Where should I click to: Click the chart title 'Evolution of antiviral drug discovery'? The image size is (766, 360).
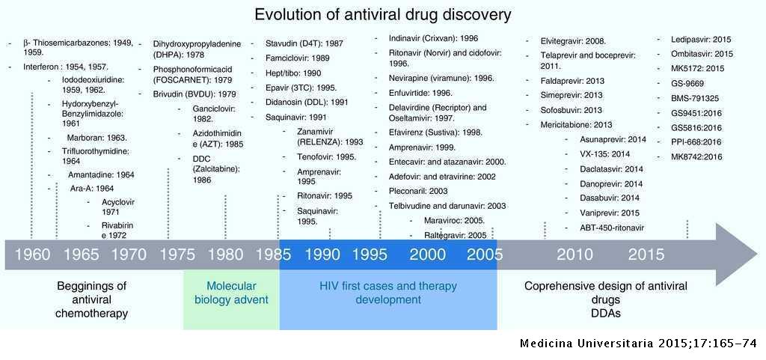pyautogui.click(x=383, y=15)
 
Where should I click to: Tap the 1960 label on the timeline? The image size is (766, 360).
pyautogui.click(x=32, y=254)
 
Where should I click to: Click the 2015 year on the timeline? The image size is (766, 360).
pyautogui.click(x=646, y=254)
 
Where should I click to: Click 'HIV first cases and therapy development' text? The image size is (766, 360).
pyautogui.click(x=388, y=293)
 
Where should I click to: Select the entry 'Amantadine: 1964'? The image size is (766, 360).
pyautogui.click(x=101, y=174)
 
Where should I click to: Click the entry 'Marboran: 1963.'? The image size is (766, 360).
pyautogui.click(x=96, y=137)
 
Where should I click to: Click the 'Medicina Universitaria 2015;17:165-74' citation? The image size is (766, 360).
pyautogui.click(x=639, y=344)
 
